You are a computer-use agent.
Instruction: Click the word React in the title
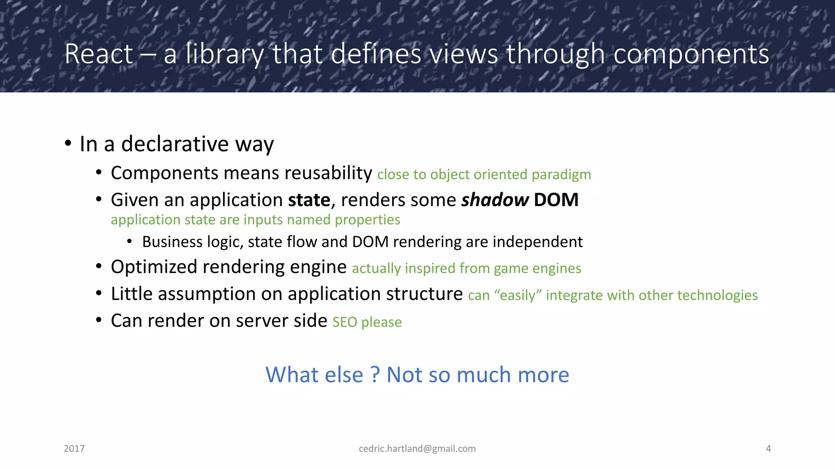coord(99,54)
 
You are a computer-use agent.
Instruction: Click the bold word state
coord(309,200)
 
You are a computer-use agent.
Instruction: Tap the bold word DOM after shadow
coord(556,200)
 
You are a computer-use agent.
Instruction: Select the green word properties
coord(367,220)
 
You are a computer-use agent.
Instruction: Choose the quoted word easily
coord(518,295)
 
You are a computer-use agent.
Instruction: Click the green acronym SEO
coord(345,323)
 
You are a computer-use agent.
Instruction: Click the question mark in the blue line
coord(375,375)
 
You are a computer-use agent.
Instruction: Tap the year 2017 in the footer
coord(74,449)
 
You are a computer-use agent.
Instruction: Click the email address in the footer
coord(417,449)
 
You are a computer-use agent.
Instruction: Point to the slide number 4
coord(768,449)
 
